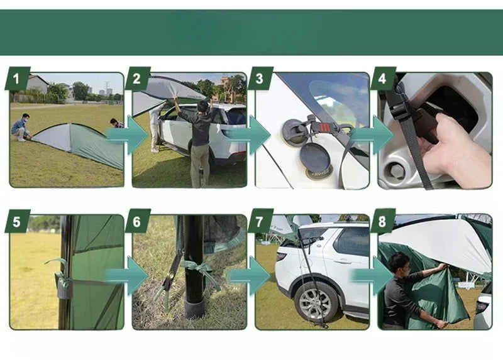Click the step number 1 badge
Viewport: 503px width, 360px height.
[x=18, y=78]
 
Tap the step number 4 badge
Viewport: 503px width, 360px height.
[x=383, y=78]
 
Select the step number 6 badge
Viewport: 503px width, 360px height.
[x=138, y=221]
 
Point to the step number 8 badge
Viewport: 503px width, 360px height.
[x=383, y=221]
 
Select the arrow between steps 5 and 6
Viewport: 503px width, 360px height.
[x=127, y=276]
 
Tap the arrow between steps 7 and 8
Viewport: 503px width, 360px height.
[x=372, y=276]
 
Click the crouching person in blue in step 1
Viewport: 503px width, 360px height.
[x=21, y=128]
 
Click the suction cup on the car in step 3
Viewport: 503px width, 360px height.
[x=293, y=133]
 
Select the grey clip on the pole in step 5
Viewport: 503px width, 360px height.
[x=64, y=285]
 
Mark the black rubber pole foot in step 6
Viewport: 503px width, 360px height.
[x=194, y=308]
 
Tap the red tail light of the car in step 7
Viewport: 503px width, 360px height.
[x=281, y=256]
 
